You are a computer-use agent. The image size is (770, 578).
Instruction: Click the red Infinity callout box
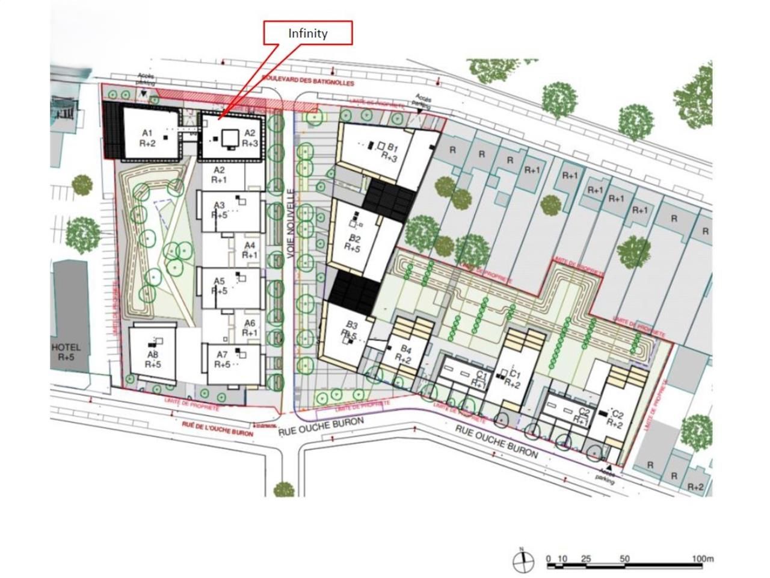point(307,33)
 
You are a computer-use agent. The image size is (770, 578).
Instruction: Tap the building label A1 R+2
point(147,138)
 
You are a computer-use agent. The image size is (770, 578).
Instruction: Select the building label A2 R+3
point(250,138)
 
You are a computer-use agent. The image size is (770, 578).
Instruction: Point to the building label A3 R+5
point(219,210)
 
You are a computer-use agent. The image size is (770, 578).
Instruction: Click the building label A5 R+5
point(219,286)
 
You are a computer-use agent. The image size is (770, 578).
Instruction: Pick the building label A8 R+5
point(153,359)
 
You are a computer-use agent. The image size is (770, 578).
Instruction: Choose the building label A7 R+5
point(222,359)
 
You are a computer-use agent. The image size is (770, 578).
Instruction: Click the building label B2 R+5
point(354,244)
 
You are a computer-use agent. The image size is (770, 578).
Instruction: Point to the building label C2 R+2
point(615,418)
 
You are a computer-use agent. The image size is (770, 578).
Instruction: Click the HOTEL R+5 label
point(66,352)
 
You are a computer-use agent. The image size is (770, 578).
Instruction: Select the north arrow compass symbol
point(523,561)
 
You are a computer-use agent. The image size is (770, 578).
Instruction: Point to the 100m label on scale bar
point(702,559)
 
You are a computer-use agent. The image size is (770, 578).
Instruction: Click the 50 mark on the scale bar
point(624,559)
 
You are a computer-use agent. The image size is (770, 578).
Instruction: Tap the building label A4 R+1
point(250,250)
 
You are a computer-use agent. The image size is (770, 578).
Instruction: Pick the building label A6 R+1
point(250,328)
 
